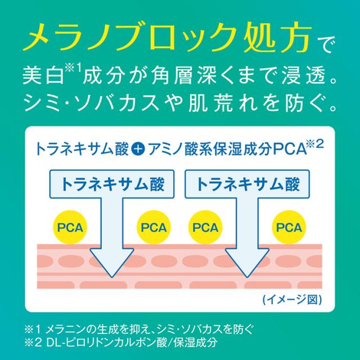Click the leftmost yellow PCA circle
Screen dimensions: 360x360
(70, 227)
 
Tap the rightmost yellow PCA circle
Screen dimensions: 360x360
(289, 227)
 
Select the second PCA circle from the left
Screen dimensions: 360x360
(154, 227)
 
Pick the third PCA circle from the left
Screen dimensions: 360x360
(205, 227)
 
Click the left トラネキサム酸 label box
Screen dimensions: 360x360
(112, 184)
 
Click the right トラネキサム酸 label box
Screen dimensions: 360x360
(247, 184)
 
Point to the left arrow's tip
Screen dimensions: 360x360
(112, 277)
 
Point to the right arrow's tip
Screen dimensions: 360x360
(247, 277)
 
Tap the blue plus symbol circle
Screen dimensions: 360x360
(138, 150)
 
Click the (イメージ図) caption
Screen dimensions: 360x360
(292, 300)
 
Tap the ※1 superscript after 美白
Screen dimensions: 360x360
(73, 69)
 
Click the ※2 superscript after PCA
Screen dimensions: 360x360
(315, 145)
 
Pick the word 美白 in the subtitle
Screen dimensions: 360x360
(43, 75)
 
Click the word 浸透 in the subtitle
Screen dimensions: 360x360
(304, 75)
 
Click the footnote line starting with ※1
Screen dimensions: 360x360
(139, 330)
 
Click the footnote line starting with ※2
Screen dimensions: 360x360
(121, 343)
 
